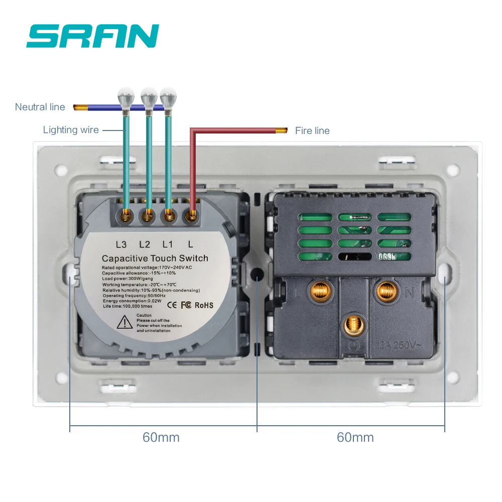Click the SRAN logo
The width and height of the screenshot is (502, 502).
(93, 36)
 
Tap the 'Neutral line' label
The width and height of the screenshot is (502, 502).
(40, 107)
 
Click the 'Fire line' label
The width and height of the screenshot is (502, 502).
(312, 131)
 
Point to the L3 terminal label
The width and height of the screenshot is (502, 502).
(121, 244)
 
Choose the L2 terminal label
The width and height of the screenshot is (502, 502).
(145, 244)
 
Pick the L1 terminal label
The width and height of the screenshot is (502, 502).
(168, 244)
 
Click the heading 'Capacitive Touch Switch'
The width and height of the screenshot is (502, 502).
(155, 258)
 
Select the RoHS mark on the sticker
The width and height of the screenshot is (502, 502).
(203, 305)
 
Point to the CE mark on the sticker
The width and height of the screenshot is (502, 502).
(171, 304)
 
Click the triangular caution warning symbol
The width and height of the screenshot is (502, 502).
(124, 323)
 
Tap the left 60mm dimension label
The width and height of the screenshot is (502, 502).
(161, 437)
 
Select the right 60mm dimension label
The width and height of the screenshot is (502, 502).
(355, 437)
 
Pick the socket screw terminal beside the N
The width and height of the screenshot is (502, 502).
(386, 290)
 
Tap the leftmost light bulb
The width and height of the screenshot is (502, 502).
(124, 96)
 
